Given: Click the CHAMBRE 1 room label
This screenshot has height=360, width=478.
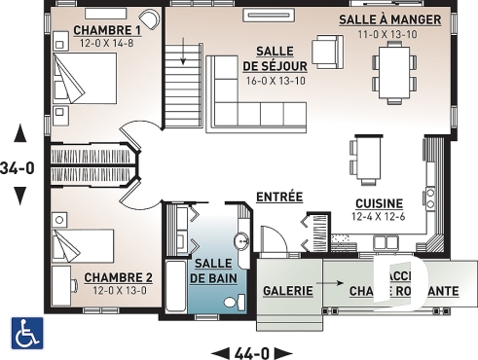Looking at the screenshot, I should tap(108, 30).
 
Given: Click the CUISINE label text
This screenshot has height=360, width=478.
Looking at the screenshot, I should tap(380, 202).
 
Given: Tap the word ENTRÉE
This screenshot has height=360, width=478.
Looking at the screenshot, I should tap(279, 198).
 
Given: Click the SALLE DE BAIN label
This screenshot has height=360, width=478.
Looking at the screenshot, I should tap(211, 271).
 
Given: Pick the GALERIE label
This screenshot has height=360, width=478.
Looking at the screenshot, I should tap(288, 291).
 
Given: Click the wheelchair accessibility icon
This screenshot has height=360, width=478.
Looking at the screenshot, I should tap(25, 333).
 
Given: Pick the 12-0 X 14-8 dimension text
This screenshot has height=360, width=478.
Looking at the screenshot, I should tap(108, 43).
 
